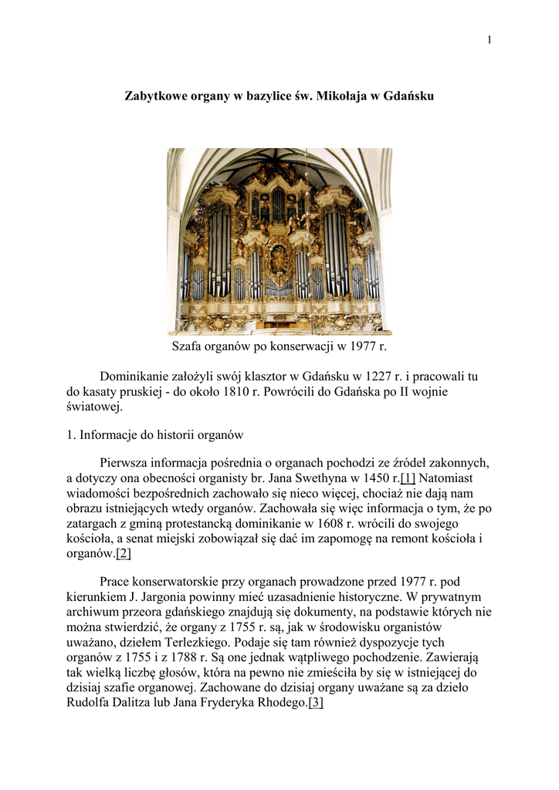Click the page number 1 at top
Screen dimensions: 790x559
(489, 40)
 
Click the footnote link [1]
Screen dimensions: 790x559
(408, 478)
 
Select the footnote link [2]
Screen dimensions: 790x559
(124, 554)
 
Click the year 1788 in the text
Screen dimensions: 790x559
(209, 657)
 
